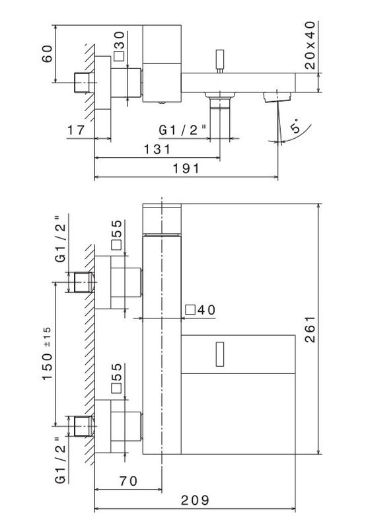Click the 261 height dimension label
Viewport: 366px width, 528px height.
coord(310,329)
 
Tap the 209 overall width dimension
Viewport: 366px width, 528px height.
coord(195,500)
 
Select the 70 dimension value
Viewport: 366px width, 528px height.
coord(128,481)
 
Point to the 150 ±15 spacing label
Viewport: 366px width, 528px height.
coord(47,354)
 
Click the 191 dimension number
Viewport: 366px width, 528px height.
coord(186,169)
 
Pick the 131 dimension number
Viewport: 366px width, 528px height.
coord(157,149)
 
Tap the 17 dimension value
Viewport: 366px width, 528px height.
coord(76,130)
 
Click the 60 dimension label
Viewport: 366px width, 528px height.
coord(47,54)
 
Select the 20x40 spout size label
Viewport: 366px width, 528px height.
coord(310,45)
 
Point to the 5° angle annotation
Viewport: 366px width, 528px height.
coord(295,126)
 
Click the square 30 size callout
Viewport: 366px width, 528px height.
coord(119,46)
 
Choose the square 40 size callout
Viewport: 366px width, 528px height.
coord(200,310)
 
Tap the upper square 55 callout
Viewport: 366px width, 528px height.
coord(116,235)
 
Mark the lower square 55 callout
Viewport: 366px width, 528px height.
coord(116,378)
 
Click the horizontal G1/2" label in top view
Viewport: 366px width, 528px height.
coord(182,130)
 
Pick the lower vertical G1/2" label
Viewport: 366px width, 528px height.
coord(61,460)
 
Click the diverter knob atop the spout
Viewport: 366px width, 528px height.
coord(220,61)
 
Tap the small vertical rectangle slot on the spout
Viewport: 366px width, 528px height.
coord(220,354)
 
